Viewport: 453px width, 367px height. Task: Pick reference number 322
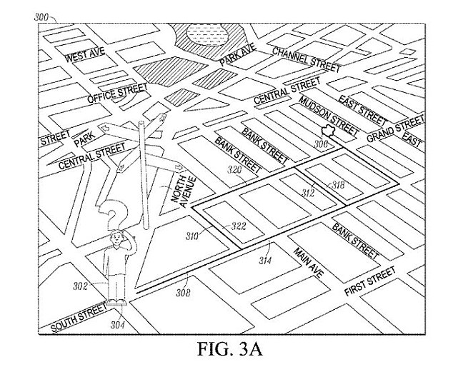[238, 226]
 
